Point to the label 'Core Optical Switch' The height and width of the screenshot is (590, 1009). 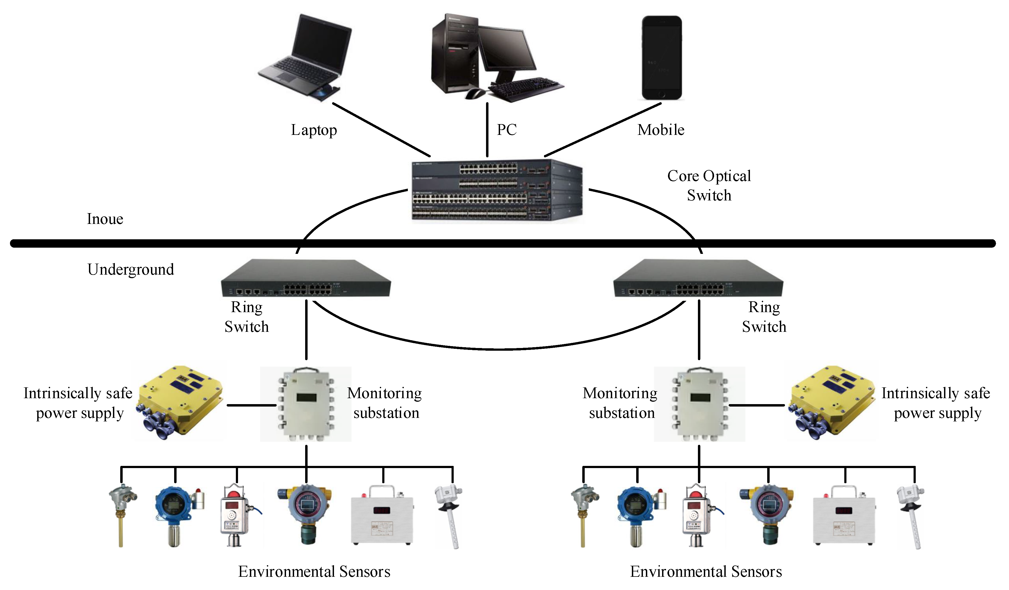click(709, 185)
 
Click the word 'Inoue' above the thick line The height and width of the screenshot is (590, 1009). click(105, 219)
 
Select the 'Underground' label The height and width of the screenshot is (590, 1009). click(130, 269)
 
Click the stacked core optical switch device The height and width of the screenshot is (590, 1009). click(497, 190)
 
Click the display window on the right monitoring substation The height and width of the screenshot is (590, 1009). click(700, 398)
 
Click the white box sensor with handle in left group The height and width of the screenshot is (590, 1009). click(382, 517)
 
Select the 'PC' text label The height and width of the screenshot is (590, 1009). click(507, 129)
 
